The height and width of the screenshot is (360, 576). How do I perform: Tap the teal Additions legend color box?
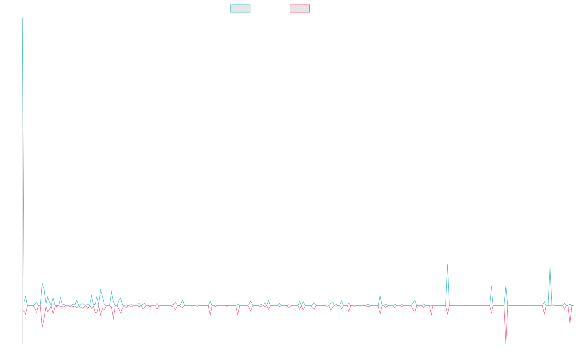click(x=240, y=9)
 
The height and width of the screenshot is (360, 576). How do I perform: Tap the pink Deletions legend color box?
click(x=300, y=9)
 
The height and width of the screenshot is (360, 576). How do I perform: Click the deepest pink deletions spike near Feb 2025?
click(x=506, y=343)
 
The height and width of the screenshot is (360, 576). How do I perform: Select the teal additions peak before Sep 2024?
click(x=447, y=265)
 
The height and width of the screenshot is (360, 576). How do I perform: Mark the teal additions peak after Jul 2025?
click(x=550, y=267)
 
